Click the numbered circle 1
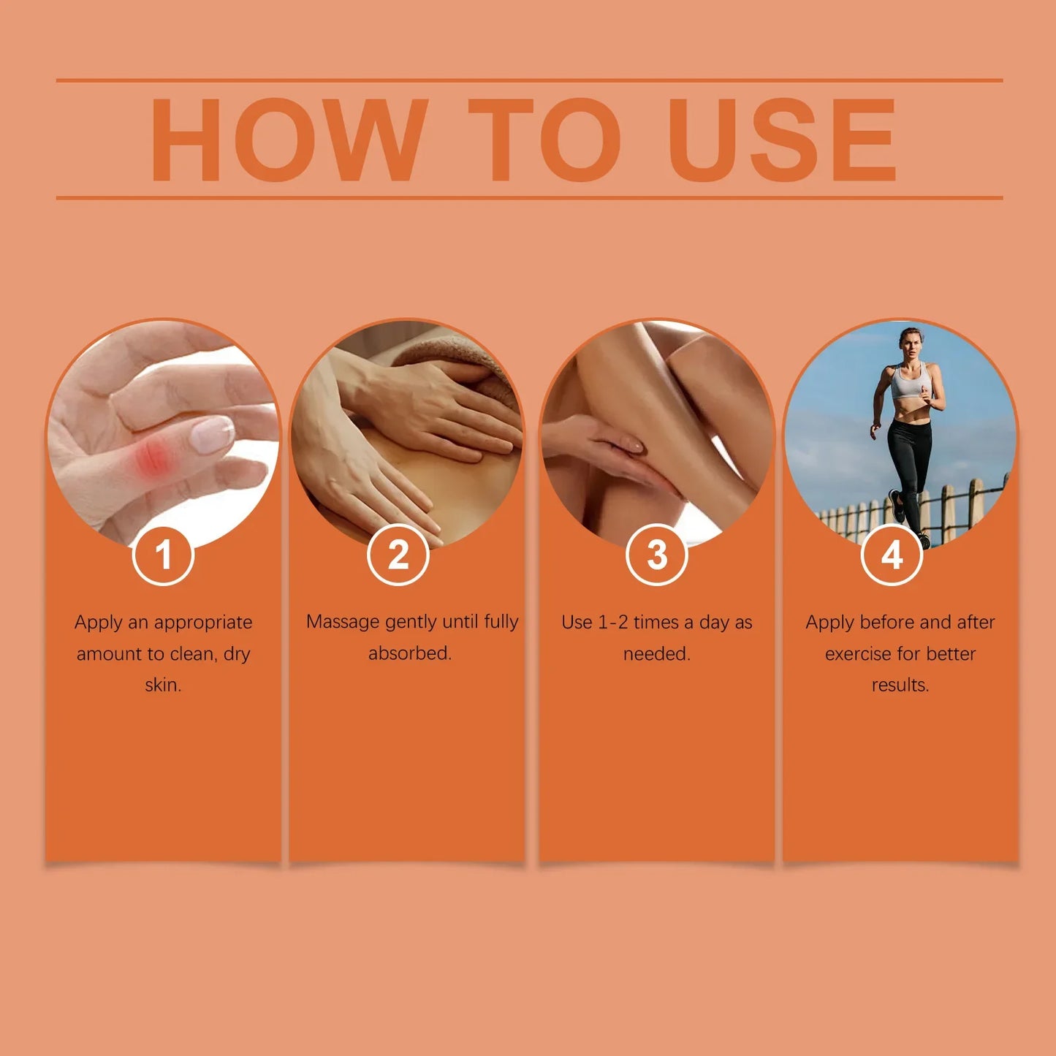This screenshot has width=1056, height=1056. pyautogui.click(x=163, y=555)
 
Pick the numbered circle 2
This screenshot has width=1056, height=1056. pyautogui.click(x=398, y=555)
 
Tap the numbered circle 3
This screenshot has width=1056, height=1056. pyautogui.click(x=656, y=555)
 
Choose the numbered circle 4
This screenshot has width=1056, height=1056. pyautogui.click(x=892, y=555)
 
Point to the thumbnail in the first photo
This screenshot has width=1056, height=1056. pyautogui.click(x=211, y=434)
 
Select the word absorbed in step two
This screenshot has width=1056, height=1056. pyautogui.click(x=409, y=653)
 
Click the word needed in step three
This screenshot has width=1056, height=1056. pyautogui.click(x=656, y=653)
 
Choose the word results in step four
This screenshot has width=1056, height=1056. pyautogui.click(x=900, y=685)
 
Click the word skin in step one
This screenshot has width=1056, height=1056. pyautogui.click(x=163, y=685)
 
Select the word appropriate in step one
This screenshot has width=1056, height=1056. pyautogui.click(x=203, y=623)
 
